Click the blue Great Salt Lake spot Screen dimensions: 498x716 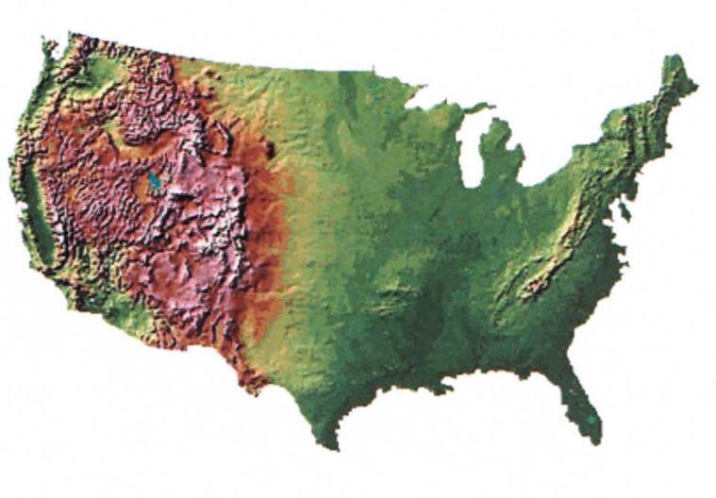[x=153, y=180]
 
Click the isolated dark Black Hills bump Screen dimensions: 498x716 [x=272, y=148]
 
